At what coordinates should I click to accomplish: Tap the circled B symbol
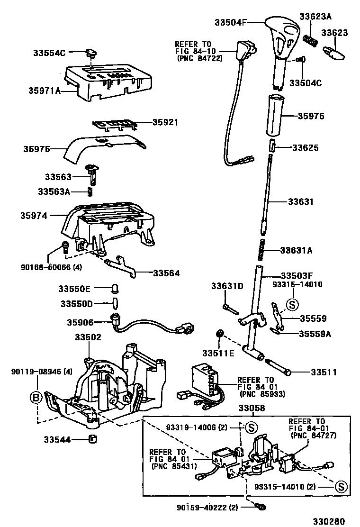pyautogui.click(x=36, y=398)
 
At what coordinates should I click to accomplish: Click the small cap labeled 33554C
pyautogui.click(x=91, y=52)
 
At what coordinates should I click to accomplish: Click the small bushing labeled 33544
pyautogui.click(x=93, y=438)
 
